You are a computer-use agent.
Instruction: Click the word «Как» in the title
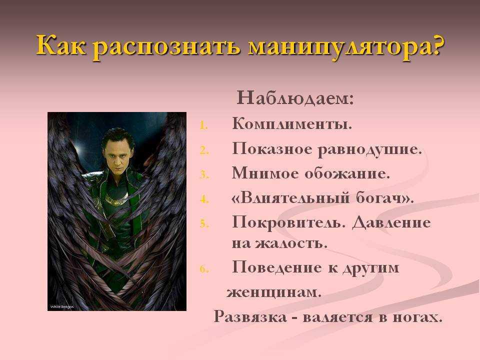(60, 45)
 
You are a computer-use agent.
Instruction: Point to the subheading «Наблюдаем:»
(295, 98)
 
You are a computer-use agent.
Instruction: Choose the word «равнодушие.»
(369, 150)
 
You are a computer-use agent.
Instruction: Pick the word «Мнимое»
(265, 173)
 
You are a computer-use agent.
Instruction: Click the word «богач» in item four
(379, 198)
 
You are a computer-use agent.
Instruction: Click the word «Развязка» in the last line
(250, 316)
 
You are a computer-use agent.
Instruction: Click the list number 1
(204, 125)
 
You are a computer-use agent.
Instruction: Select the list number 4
(204, 200)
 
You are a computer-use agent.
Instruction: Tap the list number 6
(204, 269)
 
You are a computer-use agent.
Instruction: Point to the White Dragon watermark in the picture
(62, 306)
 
